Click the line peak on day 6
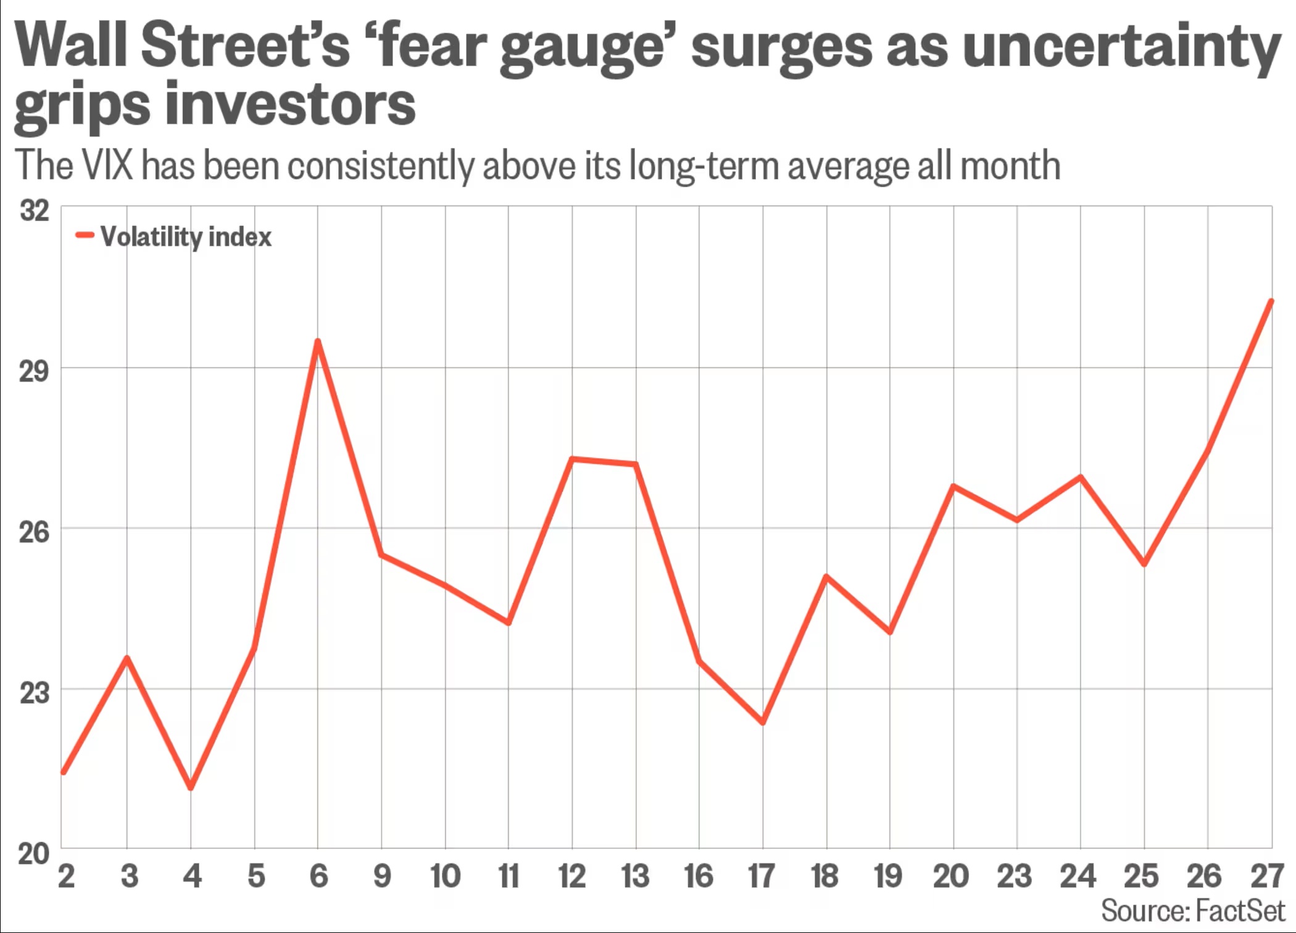pyautogui.click(x=318, y=341)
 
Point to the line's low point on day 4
pyautogui.click(x=191, y=787)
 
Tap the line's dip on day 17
pyautogui.click(x=763, y=722)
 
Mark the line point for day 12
pyautogui.click(x=572, y=459)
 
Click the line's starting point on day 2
pyautogui.click(x=64, y=772)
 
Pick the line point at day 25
pyautogui.click(x=1144, y=564)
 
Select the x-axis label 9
pyautogui.click(x=382, y=876)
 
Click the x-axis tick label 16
pyautogui.click(x=699, y=876)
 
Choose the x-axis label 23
pyautogui.click(x=1015, y=876)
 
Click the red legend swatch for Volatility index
pyautogui.click(x=85, y=235)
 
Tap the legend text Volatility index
pyautogui.click(x=186, y=237)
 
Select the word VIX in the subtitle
pyautogui.click(x=107, y=165)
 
